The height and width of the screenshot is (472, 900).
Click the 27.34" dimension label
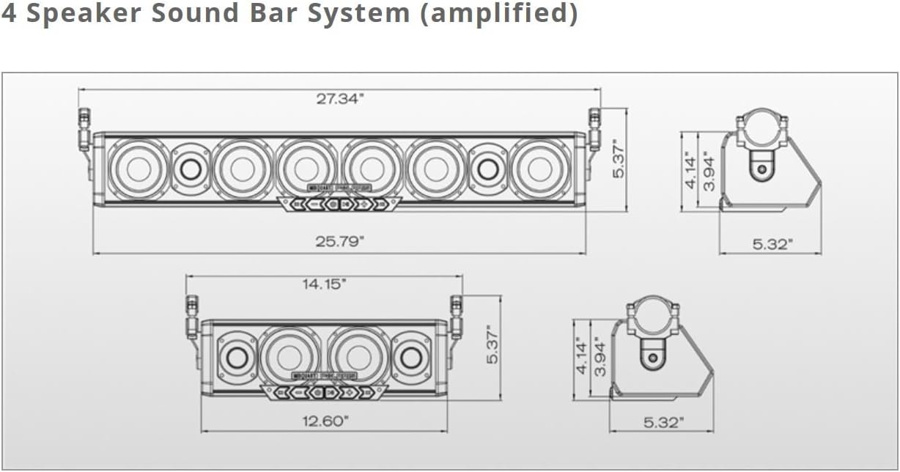point(340,100)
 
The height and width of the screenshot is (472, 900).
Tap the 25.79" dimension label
point(340,242)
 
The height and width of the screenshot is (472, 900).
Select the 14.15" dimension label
point(322,284)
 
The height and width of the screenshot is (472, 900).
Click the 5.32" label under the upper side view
point(772,244)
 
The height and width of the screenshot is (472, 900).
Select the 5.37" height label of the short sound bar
point(493,345)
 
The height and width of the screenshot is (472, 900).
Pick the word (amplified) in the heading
point(498,14)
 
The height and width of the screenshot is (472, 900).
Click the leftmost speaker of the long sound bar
point(139,169)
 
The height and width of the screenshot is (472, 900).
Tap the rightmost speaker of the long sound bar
point(540,169)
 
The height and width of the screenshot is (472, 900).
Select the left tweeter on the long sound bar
point(191,169)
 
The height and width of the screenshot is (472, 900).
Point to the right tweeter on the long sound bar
point(487,169)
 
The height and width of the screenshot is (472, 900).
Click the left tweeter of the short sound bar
point(237,357)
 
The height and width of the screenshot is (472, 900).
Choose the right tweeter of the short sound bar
point(411,357)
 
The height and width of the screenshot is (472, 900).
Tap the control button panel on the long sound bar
point(339,203)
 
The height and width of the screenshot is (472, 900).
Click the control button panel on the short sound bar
point(324,392)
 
